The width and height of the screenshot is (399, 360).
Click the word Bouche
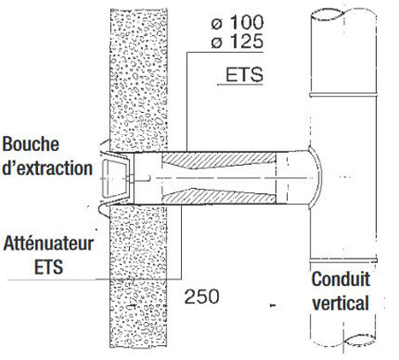pos(31,144)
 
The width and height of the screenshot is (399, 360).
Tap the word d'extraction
pos(47,168)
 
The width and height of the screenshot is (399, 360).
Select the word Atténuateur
pos(49,244)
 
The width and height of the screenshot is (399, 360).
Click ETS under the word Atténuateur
pos(49,266)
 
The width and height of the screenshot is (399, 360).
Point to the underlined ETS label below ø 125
pos(244,75)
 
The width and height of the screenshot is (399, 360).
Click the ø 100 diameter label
pos(237,22)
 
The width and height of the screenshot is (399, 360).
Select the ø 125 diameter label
pos(237,41)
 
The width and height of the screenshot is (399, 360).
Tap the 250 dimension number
pos(202,296)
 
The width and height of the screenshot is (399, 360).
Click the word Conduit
pos(341,279)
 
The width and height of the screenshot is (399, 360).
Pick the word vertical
pos(341,303)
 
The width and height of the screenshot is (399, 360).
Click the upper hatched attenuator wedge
pos(219,160)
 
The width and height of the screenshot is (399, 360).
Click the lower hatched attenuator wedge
pos(219,196)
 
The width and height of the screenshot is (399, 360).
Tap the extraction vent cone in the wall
pos(116,178)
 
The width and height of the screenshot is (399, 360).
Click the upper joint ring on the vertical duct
pos(343,95)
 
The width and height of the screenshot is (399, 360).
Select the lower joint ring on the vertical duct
pos(343,260)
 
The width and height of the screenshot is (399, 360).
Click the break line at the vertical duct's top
pos(343,14)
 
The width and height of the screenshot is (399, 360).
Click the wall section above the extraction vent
pos(139,79)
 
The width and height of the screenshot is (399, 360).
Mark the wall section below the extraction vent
pos(139,276)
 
